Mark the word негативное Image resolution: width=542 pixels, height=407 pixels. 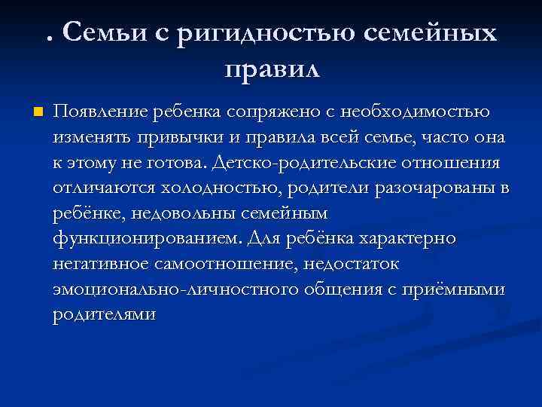click(x=101, y=264)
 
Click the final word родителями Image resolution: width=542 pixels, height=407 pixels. click(x=104, y=315)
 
